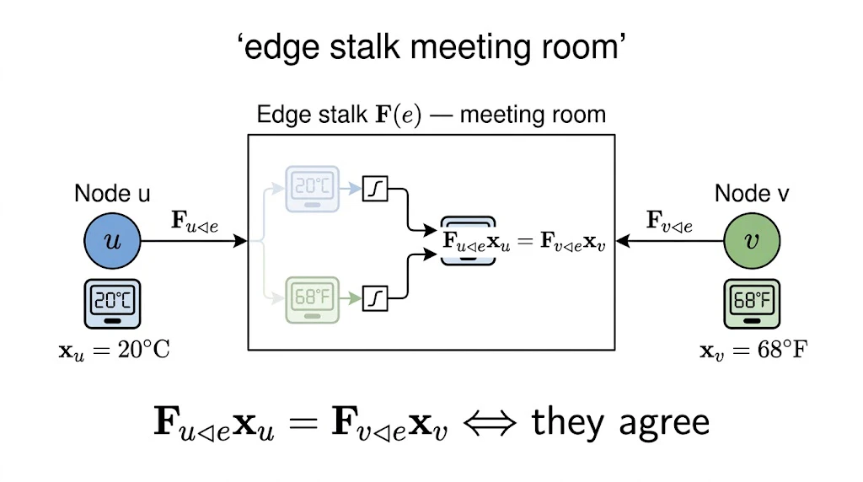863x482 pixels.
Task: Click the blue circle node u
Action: pos(112,241)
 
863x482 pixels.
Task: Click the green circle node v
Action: pos(752,241)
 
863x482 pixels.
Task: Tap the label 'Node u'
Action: pos(112,194)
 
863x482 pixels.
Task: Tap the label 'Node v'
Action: pos(752,194)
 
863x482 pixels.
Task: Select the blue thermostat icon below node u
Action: pos(112,303)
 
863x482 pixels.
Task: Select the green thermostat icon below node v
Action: pos(752,303)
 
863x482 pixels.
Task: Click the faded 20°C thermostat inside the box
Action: pos(313,189)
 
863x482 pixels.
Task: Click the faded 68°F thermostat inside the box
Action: pos(313,299)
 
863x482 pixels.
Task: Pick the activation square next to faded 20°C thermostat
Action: pos(375,189)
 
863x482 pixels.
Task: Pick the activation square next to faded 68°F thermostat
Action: pos(375,299)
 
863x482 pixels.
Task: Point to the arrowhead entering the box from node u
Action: pos(240,240)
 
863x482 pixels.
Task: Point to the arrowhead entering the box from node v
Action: pos(623,240)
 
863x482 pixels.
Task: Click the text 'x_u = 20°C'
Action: pos(115,351)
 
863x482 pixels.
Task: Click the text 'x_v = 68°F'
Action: pos(753,351)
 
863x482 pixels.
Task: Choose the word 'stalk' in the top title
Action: pos(365,46)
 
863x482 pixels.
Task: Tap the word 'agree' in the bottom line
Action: pos(664,425)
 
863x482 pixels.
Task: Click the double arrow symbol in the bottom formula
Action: pos(490,423)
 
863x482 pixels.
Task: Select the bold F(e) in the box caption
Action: pos(399,115)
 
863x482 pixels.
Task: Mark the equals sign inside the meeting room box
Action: pos(525,241)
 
